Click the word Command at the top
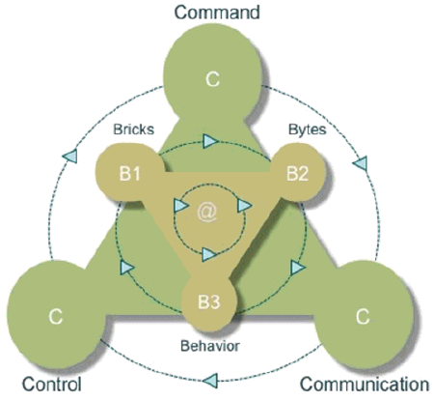pyautogui.click(x=217, y=13)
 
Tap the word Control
pyautogui.click(x=51, y=384)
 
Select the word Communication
pyautogui.click(x=365, y=384)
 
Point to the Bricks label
pyautogui.click(x=133, y=129)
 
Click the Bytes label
pyautogui.click(x=308, y=129)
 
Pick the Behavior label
pyautogui.click(x=210, y=346)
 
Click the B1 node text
pyautogui.click(x=130, y=174)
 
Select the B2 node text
pyautogui.click(x=297, y=173)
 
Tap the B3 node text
pyautogui.click(x=209, y=302)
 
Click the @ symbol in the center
pyautogui.click(x=207, y=213)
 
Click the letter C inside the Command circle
pyautogui.click(x=212, y=79)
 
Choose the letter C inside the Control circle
pyautogui.click(x=55, y=316)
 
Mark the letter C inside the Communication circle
pyautogui.click(x=363, y=316)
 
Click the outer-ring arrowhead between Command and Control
pyautogui.click(x=70, y=157)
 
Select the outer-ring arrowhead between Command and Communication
pyautogui.click(x=360, y=163)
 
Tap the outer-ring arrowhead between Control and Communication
pyautogui.click(x=211, y=381)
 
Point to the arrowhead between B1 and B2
pyautogui.click(x=210, y=141)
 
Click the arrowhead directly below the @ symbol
pyautogui.click(x=209, y=254)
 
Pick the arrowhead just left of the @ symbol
pyautogui.click(x=180, y=206)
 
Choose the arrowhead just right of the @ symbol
pyautogui.click(x=244, y=205)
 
